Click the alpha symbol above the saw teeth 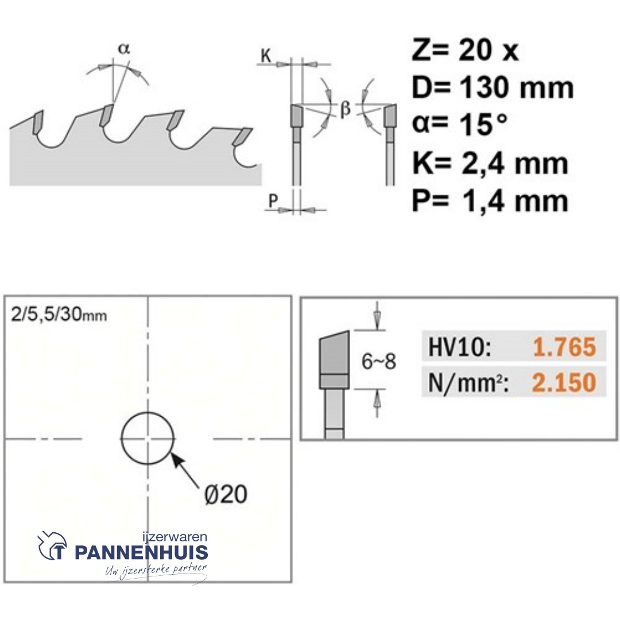[x=124, y=49]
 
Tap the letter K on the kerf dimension [x=266, y=56]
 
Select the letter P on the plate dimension [x=273, y=201]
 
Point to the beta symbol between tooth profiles [x=345, y=108]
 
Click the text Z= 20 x [x=465, y=50]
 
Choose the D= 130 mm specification [x=493, y=88]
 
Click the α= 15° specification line [x=459, y=124]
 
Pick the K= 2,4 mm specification [x=490, y=163]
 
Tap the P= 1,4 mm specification [x=490, y=201]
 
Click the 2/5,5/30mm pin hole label [x=59, y=315]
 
